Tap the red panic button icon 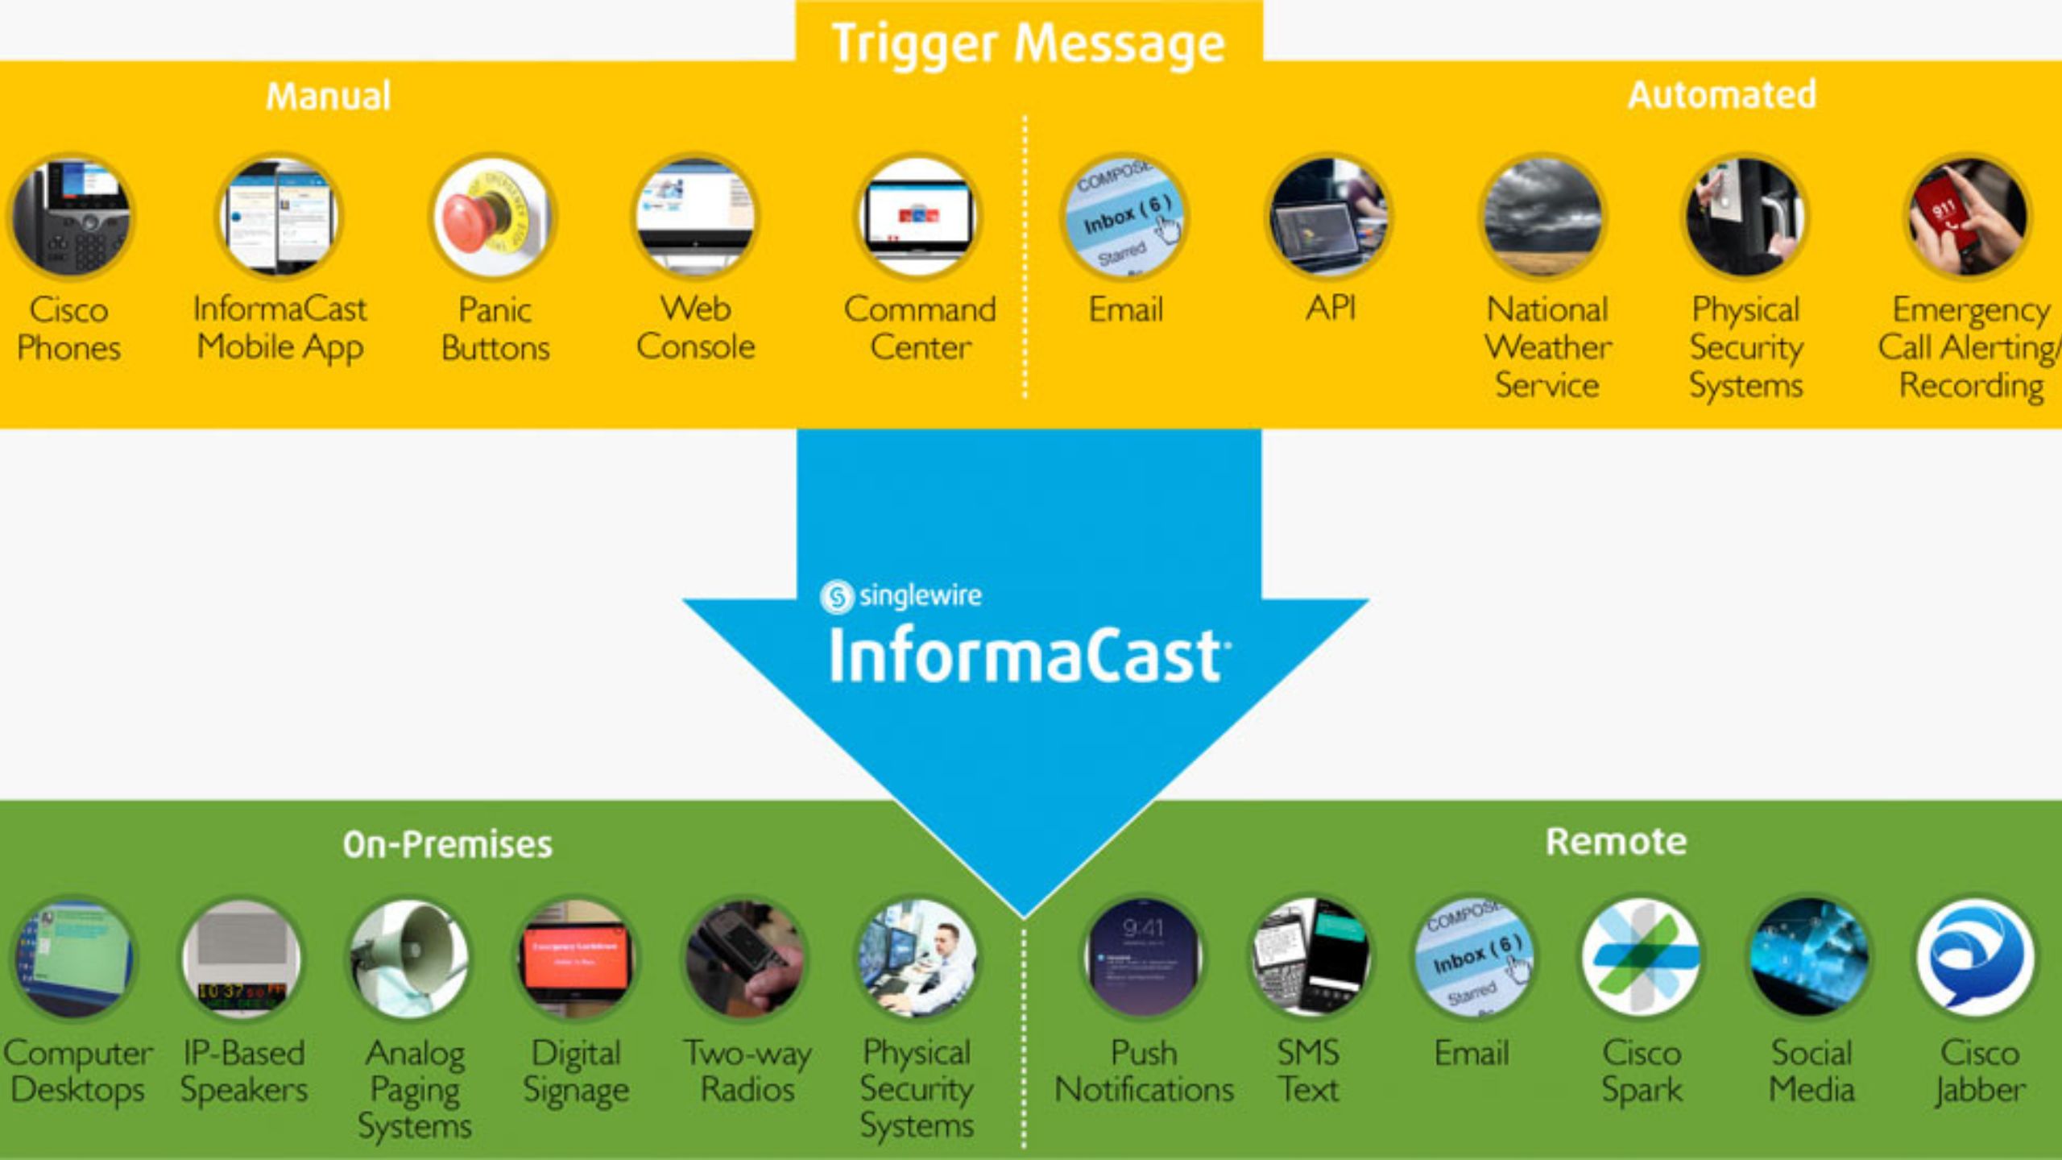491,217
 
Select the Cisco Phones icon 71,217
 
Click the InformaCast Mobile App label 279,328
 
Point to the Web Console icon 695,217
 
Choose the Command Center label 920,328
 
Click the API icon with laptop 1329,217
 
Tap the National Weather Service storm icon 1543,217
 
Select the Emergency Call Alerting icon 1967,217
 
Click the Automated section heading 1721,95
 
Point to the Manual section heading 328,96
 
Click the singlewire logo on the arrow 901,596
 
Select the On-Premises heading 447,844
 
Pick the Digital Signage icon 575,958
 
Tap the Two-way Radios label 747,1071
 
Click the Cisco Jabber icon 1975,958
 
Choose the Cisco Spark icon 1641,958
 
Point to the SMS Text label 1308,1071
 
